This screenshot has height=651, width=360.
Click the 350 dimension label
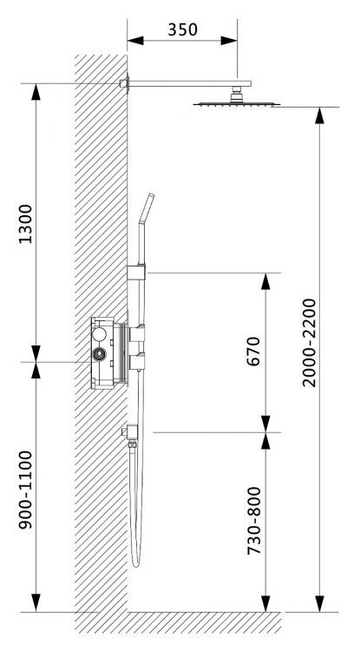pos(182,29)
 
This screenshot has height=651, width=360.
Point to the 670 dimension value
pos(253,352)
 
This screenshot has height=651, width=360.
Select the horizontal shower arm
pos(187,83)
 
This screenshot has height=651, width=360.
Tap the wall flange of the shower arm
pos(126,83)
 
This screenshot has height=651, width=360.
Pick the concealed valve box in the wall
pos(106,352)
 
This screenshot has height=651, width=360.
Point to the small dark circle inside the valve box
pos(102,354)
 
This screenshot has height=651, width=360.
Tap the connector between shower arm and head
pos(235,93)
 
